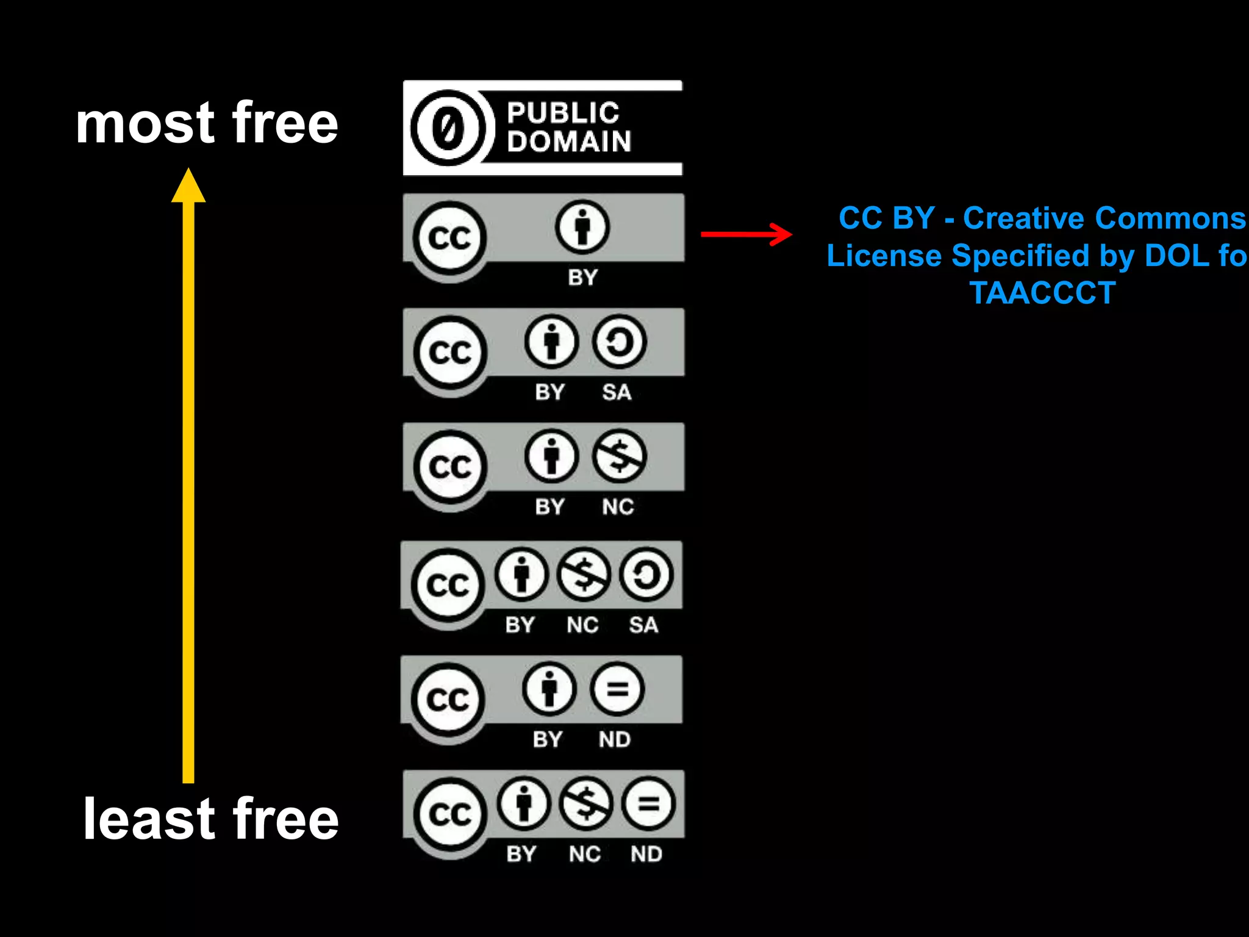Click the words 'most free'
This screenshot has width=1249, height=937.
pyautogui.click(x=207, y=123)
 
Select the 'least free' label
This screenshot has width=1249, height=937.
pyautogui.click(x=210, y=819)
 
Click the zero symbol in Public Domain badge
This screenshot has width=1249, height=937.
pyautogui.click(x=448, y=128)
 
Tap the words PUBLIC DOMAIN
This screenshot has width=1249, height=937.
pyautogui.click(x=568, y=127)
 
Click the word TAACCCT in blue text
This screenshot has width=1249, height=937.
pyautogui.click(x=1042, y=293)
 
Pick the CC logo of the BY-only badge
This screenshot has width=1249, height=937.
pyautogui.click(x=450, y=237)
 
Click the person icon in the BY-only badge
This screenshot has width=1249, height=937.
pyautogui.click(x=582, y=228)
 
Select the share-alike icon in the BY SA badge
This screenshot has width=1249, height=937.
pyautogui.click(x=619, y=342)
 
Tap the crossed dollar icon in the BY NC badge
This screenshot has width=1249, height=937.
pyautogui.click(x=619, y=456)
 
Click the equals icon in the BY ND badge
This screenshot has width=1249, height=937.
pyautogui.click(x=617, y=689)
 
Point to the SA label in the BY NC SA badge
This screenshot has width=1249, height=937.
pyautogui.click(x=643, y=625)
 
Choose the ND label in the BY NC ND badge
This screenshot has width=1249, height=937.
pyautogui.click(x=646, y=854)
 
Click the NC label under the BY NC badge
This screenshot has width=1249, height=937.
pyautogui.click(x=618, y=507)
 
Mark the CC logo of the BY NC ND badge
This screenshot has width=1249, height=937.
pyautogui.click(x=450, y=814)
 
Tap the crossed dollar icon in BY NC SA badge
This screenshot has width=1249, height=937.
pyautogui.click(x=584, y=574)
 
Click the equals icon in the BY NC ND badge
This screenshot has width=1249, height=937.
pyautogui.click(x=648, y=803)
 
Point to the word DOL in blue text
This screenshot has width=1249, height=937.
pyautogui.click(x=1177, y=256)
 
